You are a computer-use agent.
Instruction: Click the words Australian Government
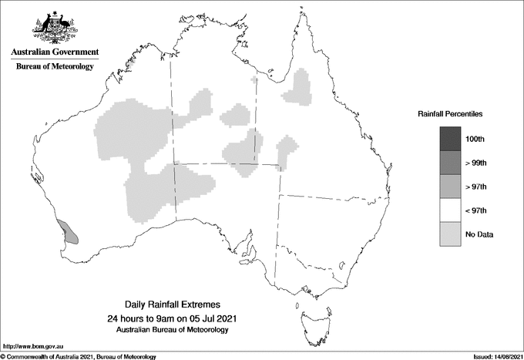point(54,52)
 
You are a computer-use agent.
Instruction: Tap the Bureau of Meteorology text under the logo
point(54,66)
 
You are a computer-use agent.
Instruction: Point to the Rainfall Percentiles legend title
point(450,113)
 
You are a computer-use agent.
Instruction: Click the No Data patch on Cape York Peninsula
point(298,89)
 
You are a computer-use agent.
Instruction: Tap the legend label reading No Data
point(478,234)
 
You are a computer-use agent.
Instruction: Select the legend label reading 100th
point(475,139)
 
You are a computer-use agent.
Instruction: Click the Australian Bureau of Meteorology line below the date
point(171,330)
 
